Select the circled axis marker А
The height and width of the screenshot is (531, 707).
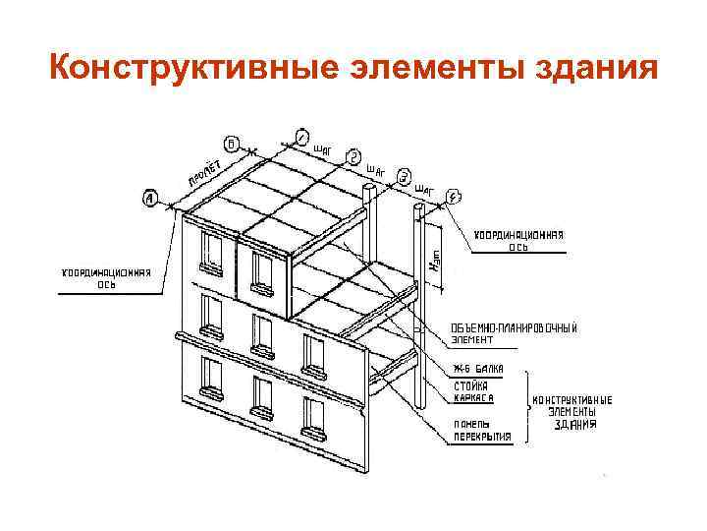click(x=151, y=198)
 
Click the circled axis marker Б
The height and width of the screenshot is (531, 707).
click(x=230, y=142)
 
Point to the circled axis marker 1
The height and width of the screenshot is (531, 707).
click(x=301, y=138)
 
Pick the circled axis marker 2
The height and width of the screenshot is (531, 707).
click(x=354, y=157)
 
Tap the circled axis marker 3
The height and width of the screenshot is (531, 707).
click(x=404, y=177)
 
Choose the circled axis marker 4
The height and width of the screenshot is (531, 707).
click(x=452, y=197)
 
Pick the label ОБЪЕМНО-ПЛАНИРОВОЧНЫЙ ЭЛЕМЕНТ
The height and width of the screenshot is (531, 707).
click(x=513, y=333)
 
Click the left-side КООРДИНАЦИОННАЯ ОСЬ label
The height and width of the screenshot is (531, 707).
click(x=107, y=278)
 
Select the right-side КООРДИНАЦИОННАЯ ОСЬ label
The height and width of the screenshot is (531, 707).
click(x=519, y=241)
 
